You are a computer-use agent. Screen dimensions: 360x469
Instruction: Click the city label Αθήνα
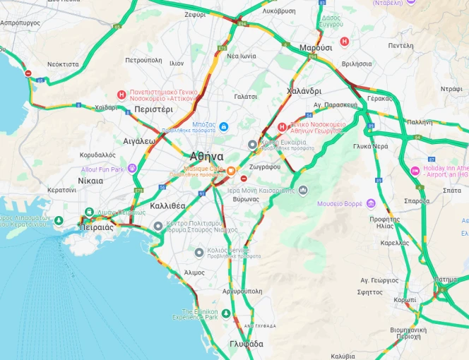coord(206,156)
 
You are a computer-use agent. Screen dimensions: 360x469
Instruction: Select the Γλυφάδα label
coord(246,344)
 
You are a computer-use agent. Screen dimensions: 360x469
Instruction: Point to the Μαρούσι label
coord(316,47)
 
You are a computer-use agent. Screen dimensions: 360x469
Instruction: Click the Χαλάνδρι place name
coord(304,91)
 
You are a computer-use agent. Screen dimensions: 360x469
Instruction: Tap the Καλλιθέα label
coord(167,205)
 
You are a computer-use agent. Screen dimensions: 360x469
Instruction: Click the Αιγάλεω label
coord(139,140)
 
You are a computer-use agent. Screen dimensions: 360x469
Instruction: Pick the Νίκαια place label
coord(90,181)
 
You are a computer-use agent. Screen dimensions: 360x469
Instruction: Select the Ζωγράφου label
coord(265,167)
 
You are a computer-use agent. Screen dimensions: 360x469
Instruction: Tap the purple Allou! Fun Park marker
coord(132,169)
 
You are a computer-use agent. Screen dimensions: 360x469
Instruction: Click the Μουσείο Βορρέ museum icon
coord(370,204)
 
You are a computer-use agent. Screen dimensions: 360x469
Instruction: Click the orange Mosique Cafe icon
coord(231,169)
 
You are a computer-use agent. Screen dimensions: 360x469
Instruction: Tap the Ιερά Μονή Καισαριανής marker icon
coord(303,191)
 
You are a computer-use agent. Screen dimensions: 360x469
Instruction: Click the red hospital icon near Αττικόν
coord(121,95)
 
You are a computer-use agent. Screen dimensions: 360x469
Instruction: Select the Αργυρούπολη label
coord(242,291)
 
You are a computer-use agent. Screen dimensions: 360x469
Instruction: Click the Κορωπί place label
coord(405,299)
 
